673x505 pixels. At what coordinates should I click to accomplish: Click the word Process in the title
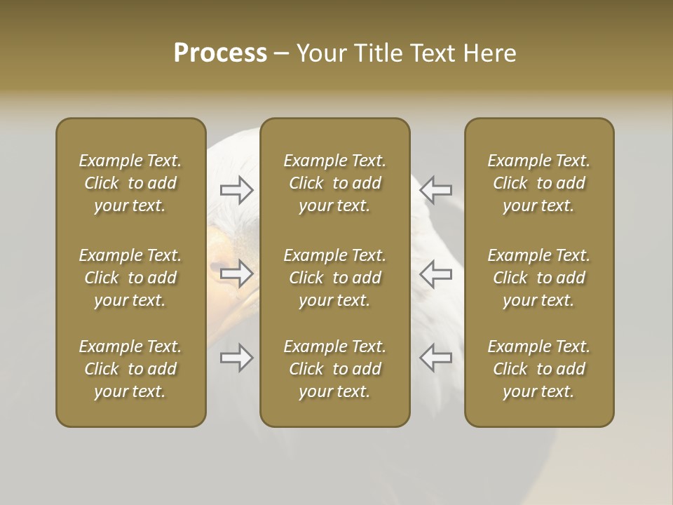pos(220,53)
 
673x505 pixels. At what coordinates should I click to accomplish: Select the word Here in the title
pos(489,53)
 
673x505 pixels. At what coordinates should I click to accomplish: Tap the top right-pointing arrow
pos(237,189)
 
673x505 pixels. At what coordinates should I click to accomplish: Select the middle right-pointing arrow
pos(237,274)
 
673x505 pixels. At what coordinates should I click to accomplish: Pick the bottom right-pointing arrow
pos(237,358)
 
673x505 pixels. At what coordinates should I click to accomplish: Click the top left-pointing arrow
pos(435,189)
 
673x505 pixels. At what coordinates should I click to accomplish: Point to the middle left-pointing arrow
pos(435,274)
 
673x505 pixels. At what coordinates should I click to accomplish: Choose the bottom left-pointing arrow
pos(435,358)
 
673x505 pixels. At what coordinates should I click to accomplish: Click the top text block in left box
pos(130,183)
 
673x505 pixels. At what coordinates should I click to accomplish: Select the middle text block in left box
pos(130,278)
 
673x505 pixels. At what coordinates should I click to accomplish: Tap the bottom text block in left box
pos(130,369)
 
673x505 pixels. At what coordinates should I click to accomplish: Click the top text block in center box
pos(334,183)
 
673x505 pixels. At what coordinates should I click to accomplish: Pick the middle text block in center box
pos(334,278)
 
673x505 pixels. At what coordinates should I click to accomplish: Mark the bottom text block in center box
pos(334,369)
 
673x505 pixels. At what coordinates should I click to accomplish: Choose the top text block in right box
pos(538,183)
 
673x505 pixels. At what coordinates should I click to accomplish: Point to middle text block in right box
pos(538,278)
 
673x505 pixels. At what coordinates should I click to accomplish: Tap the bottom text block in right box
pos(538,369)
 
